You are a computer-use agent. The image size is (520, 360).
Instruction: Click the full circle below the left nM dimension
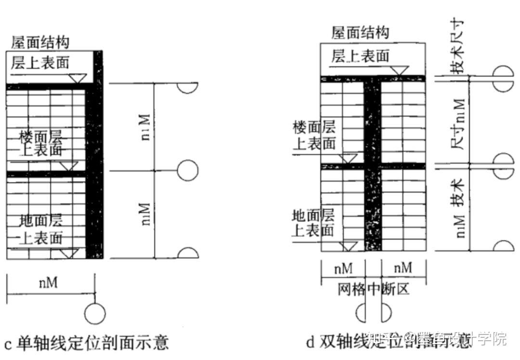pos(95,314)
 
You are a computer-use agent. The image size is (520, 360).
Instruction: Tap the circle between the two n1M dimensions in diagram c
pos(187,170)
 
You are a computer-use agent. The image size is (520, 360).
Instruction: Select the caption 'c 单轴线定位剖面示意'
pos(87,343)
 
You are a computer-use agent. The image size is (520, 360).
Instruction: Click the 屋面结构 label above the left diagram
pos(40,42)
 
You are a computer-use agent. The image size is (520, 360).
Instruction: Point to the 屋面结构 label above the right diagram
pos(360,33)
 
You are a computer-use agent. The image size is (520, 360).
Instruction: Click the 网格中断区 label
pos(373,290)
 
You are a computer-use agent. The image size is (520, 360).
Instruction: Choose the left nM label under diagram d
pos(343,268)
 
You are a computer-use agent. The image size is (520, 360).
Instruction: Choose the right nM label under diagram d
pos(403,268)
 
